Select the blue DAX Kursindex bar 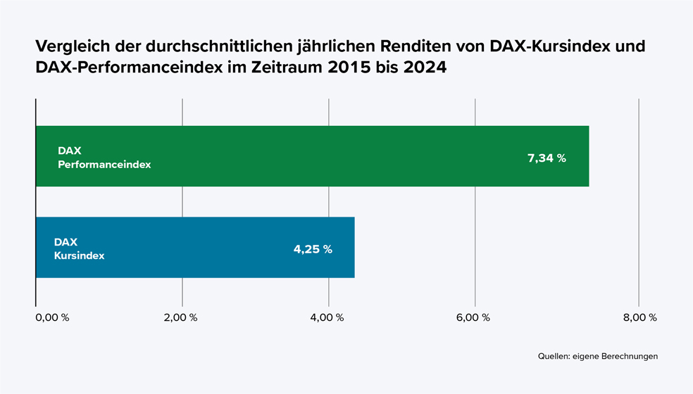(x=195, y=248)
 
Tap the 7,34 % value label (x=547, y=158)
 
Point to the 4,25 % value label (x=313, y=249)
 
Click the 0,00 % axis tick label (x=52, y=317)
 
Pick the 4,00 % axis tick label (x=327, y=317)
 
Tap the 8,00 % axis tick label (x=639, y=317)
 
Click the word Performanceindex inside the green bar (x=104, y=165)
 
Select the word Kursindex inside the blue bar (x=79, y=255)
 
